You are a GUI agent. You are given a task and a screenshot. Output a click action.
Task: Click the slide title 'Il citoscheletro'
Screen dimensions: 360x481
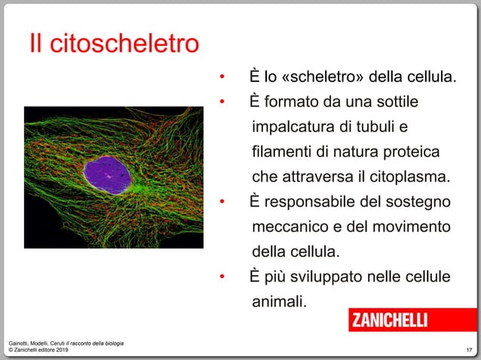coord(114,44)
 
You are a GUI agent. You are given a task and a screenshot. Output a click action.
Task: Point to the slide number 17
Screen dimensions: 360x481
coord(469,350)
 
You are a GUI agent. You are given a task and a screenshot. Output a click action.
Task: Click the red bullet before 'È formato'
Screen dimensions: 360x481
coord(222,102)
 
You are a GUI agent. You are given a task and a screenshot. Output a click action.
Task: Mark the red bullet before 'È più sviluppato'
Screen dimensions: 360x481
coord(222,278)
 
